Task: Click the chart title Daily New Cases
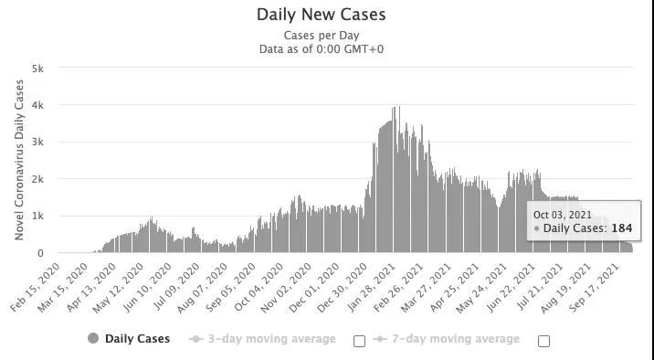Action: point(321,15)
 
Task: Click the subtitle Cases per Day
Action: point(322,36)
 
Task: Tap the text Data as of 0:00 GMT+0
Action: point(322,49)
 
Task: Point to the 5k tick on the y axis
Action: point(37,68)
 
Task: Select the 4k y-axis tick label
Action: point(37,105)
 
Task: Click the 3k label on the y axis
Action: point(37,142)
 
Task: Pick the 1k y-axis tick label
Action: point(37,216)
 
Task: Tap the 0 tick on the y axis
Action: point(40,253)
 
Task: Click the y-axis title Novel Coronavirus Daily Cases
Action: point(19,160)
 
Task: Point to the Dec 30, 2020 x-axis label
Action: point(343,288)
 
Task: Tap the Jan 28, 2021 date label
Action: point(370,288)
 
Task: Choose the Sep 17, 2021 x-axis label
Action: point(594,288)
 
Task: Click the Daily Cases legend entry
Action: point(129,338)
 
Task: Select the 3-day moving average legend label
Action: point(262,339)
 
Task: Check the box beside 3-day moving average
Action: point(359,341)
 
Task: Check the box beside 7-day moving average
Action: point(543,341)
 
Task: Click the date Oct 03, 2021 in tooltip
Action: point(563,215)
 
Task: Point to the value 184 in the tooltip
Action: point(622,228)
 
